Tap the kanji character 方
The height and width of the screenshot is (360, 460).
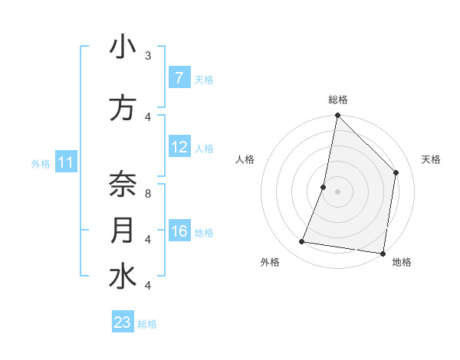[123, 109]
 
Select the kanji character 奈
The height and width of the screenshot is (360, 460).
[123, 185]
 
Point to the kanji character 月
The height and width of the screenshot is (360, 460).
[123, 231]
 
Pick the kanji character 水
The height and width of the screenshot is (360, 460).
[123, 277]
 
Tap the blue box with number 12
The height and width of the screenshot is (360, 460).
[179, 148]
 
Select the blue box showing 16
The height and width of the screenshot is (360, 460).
[179, 232]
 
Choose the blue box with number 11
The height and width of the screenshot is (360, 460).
[66, 162]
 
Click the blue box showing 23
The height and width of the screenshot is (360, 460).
[123, 322]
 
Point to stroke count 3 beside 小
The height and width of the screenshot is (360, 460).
[148, 56]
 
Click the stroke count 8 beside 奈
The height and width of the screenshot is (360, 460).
[148, 194]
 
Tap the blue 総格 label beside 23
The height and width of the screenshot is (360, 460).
[147, 324]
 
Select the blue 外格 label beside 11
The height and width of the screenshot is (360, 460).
[41, 163]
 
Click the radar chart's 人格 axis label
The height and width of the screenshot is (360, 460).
[245, 159]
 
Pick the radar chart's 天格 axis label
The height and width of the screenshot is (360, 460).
[431, 159]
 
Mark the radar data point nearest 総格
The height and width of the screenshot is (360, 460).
[337, 116]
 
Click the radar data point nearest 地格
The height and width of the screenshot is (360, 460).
[383, 253]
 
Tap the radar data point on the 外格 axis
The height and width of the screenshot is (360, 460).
[302, 242]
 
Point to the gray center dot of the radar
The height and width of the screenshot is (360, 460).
[337, 191]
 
